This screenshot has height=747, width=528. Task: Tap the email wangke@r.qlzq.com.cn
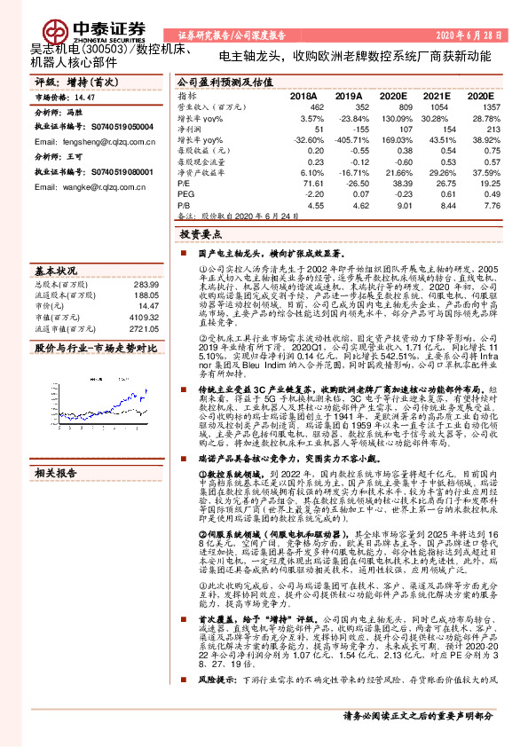tap(79, 187)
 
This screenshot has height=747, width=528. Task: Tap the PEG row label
tap(185, 193)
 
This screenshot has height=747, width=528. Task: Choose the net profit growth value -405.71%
tap(347, 139)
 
